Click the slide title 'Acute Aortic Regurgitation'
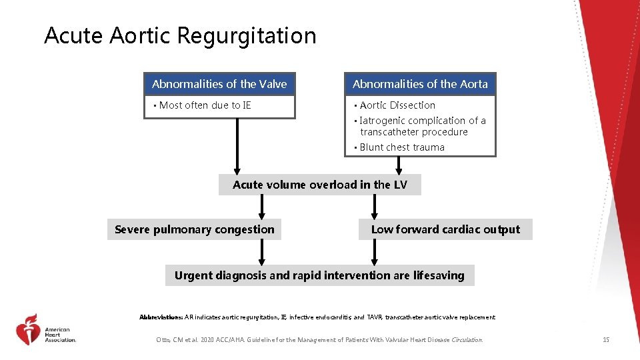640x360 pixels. click(x=180, y=36)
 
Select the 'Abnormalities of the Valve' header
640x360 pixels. click(x=219, y=84)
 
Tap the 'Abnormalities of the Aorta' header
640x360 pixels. click(x=420, y=84)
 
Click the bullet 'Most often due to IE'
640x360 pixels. click(x=205, y=105)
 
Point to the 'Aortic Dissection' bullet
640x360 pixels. click(x=397, y=105)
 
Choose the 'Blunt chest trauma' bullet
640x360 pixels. click(x=401, y=147)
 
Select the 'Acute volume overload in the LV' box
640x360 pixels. click(x=319, y=185)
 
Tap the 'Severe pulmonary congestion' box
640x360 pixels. click(x=194, y=229)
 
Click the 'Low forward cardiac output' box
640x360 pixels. click(x=445, y=229)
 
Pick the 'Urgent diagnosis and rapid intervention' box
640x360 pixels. click(x=319, y=275)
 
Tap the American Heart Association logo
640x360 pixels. click(x=45, y=329)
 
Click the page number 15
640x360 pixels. click(x=605, y=340)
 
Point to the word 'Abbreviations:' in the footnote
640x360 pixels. click(x=161, y=317)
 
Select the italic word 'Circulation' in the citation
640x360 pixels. click(x=467, y=340)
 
